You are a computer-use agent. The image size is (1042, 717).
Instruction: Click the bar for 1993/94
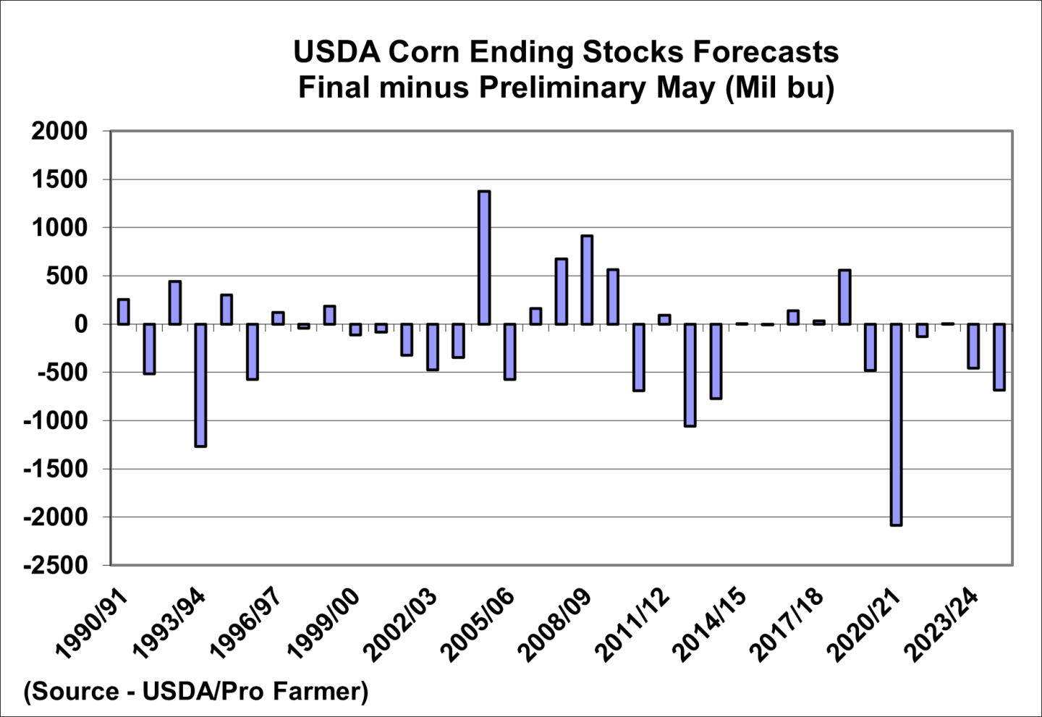coord(200,385)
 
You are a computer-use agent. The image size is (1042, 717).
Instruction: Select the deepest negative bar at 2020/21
coord(896,424)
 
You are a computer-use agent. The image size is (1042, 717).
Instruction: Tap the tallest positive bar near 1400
coord(484,258)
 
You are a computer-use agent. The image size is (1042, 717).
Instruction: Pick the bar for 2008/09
coord(587,280)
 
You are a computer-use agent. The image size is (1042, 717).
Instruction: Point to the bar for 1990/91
coord(123,312)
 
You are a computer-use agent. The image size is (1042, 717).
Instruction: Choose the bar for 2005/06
coord(509,352)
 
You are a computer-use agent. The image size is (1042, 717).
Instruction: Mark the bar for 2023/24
coord(973,346)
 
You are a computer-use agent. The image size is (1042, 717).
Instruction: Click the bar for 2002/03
coord(432,347)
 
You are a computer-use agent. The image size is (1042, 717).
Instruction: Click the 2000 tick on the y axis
coord(59,132)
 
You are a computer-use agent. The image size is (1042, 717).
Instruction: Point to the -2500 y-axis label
coord(55,565)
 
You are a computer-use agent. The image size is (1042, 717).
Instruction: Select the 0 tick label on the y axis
coord(80,324)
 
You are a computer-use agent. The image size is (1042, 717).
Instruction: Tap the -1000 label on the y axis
coord(55,420)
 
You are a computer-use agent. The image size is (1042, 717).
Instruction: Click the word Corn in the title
coord(424,52)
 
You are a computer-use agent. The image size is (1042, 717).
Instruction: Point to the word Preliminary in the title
coord(563,88)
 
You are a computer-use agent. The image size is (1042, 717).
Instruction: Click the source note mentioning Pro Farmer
coord(196,691)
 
